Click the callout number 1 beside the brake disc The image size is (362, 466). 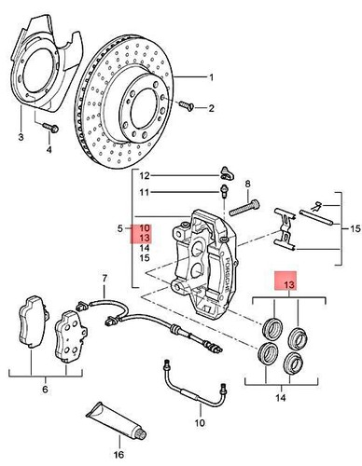pyautogui.click(x=211, y=77)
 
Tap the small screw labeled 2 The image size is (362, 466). pyautogui.click(x=186, y=105)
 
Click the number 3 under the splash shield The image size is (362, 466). pyautogui.click(x=21, y=137)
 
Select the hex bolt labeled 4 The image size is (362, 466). pyautogui.click(x=49, y=127)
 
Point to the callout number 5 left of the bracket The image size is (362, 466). pyautogui.click(x=120, y=229)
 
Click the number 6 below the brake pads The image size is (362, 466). pyautogui.click(x=46, y=389)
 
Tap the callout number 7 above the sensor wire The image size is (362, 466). pyautogui.click(x=104, y=278)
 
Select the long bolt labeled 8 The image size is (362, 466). pyautogui.click(x=244, y=208)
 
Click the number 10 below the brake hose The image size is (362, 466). pyautogui.click(x=200, y=422)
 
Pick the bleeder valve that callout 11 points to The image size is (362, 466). pyautogui.click(x=224, y=190)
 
